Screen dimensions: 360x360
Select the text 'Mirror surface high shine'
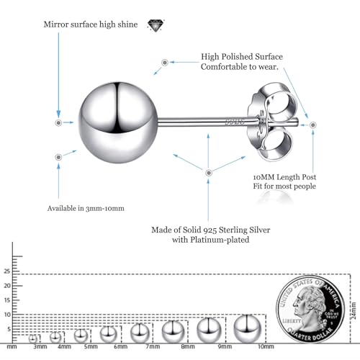pos(91,24)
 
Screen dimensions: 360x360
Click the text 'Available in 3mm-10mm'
pos(86,208)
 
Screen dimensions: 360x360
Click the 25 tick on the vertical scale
pos(7,271)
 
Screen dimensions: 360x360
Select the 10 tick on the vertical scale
pos(7,315)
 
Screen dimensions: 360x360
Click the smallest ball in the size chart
pos(33,338)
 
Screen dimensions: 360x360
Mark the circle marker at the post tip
pos(312,125)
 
